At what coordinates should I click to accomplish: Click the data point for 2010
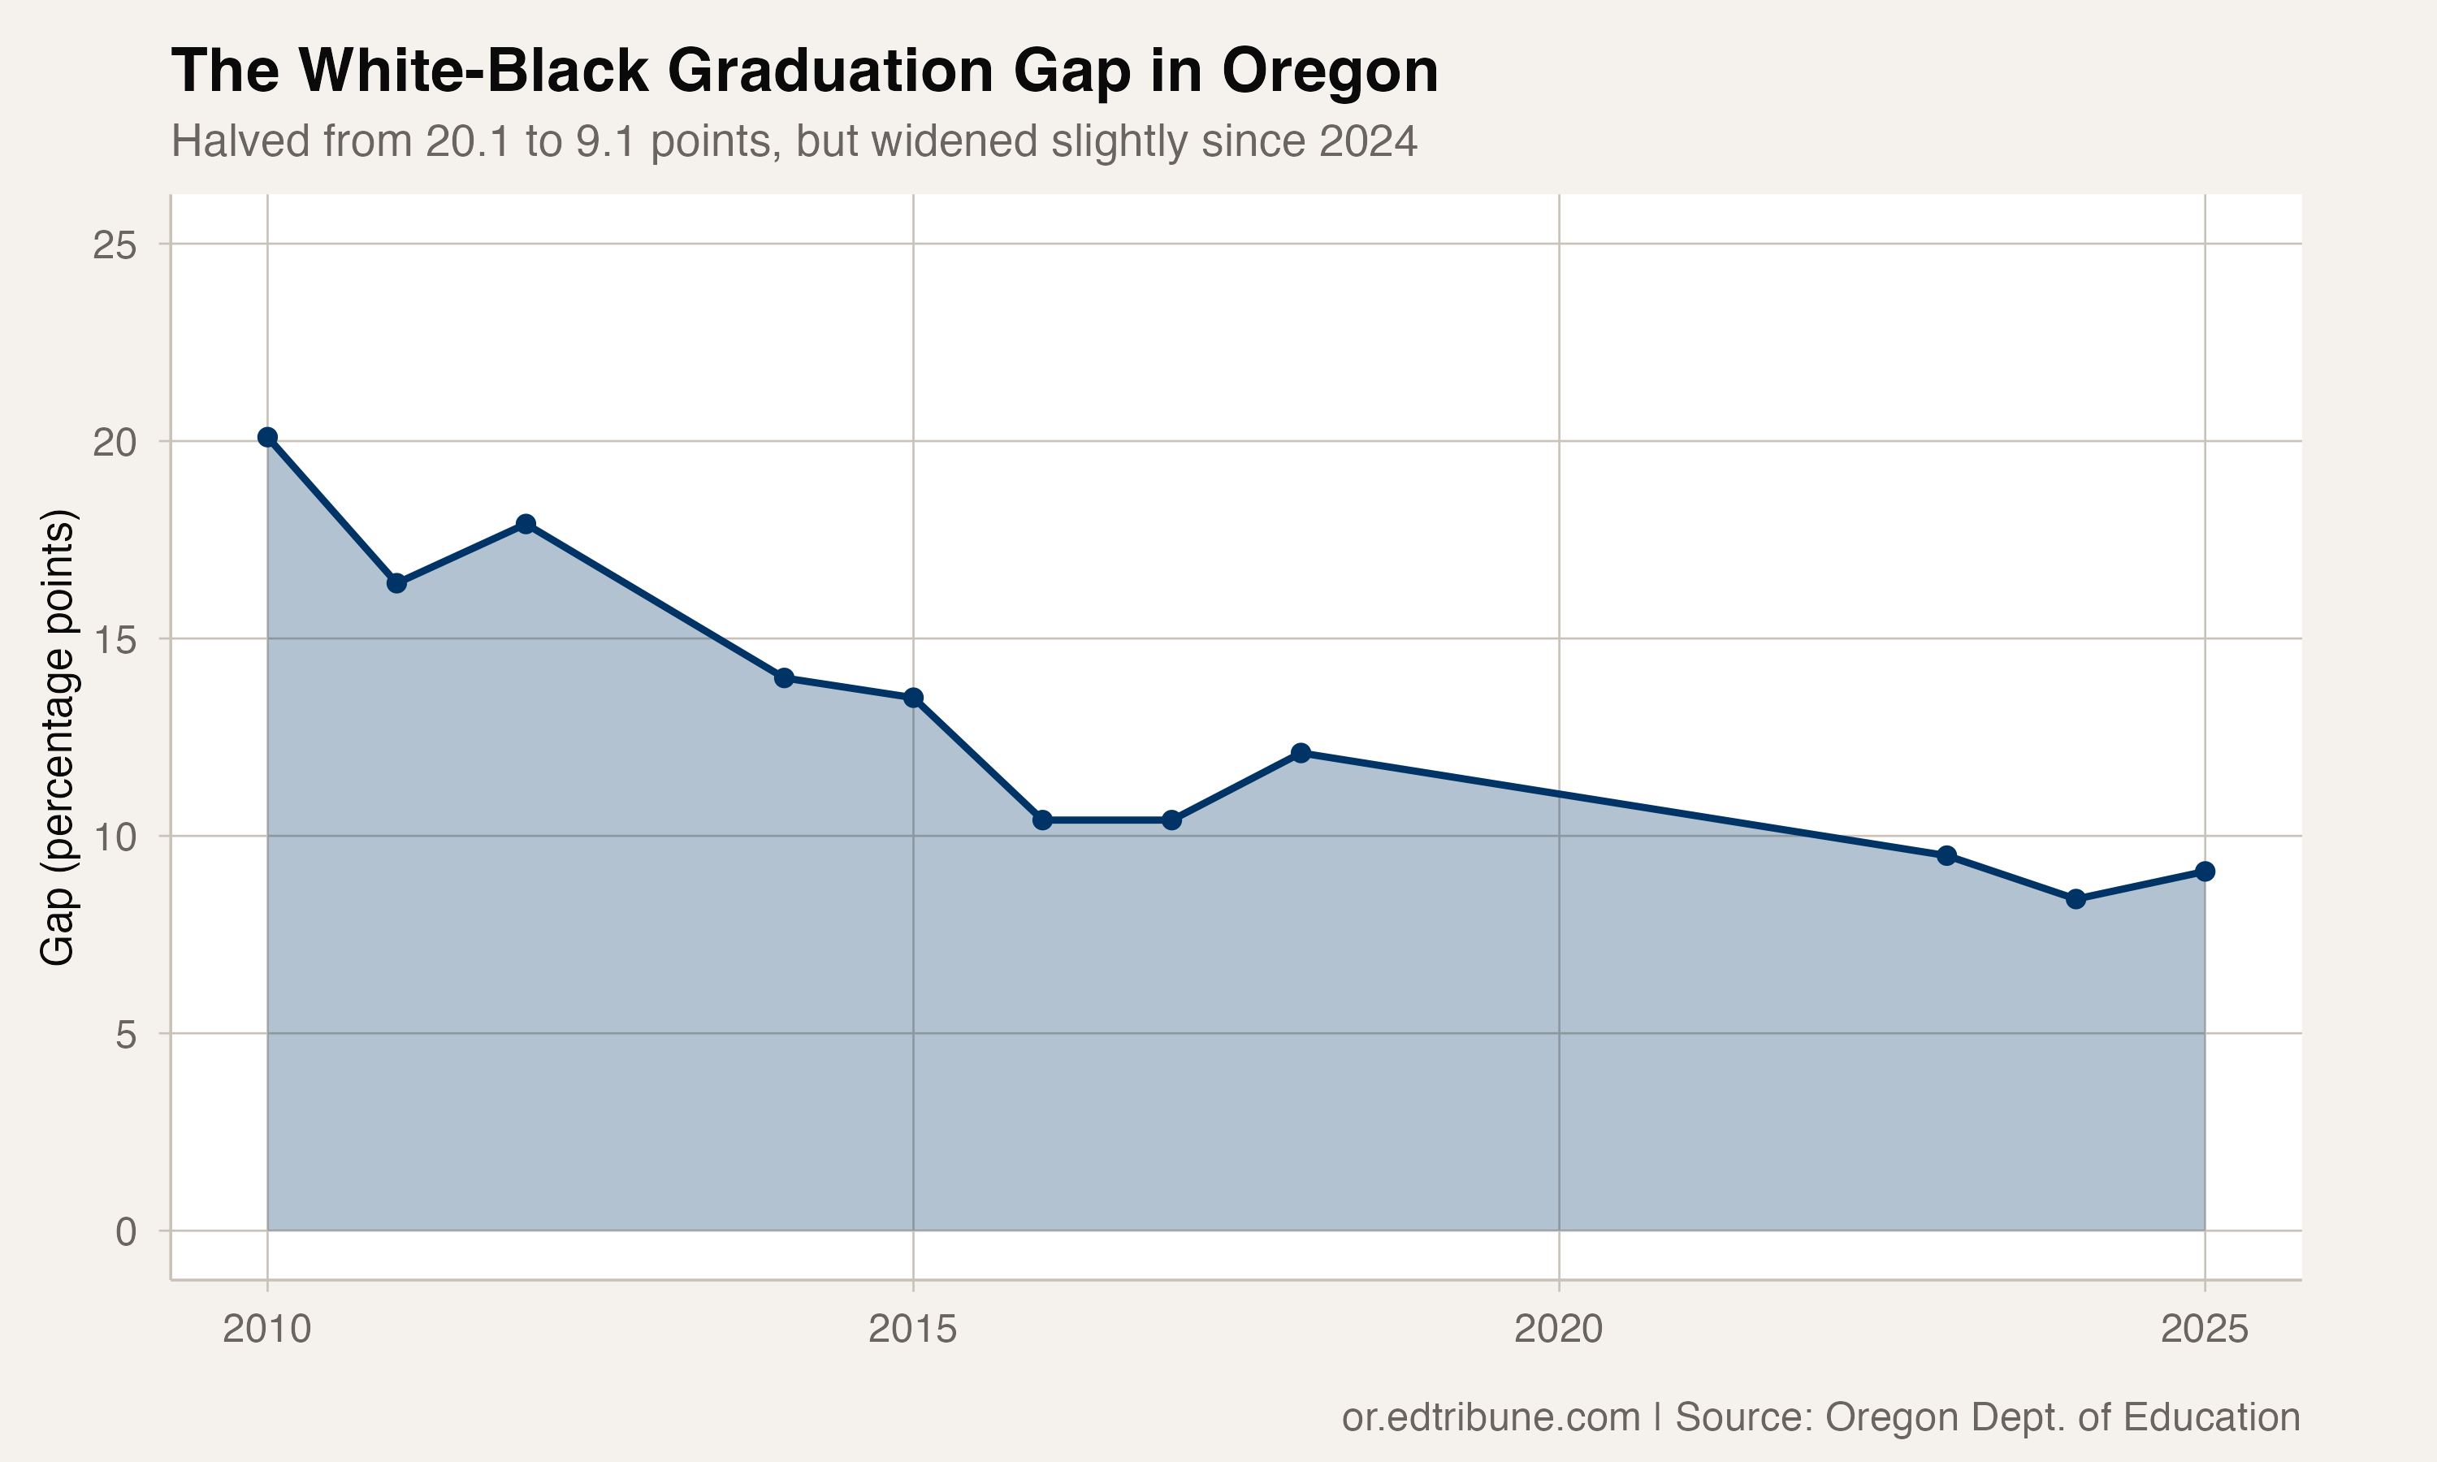click(x=267, y=438)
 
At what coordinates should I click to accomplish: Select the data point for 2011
click(x=397, y=583)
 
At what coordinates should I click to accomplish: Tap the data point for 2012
click(x=526, y=524)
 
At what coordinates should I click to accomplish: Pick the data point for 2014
click(x=784, y=678)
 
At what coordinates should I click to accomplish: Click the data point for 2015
click(x=913, y=698)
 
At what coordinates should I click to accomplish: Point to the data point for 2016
click(x=1042, y=820)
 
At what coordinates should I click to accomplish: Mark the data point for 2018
click(x=1301, y=753)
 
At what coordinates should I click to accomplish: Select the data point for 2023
click(x=1946, y=855)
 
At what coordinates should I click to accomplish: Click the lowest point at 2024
click(x=2076, y=898)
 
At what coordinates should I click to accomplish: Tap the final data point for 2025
click(x=2205, y=871)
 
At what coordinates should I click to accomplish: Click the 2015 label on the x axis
click(x=912, y=1330)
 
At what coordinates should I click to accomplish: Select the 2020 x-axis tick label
click(x=1558, y=1330)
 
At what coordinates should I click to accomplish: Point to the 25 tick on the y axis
click(x=115, y=245)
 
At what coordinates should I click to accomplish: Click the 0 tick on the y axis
click(x=125, y=1231)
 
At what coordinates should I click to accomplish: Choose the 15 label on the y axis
click(x=115, y=640)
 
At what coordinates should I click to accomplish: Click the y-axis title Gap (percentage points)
click(x=57, y=737)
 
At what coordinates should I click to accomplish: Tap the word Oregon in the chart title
click(x=1330, y=71)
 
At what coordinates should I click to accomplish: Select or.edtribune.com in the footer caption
click(x=1491, y=1417)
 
